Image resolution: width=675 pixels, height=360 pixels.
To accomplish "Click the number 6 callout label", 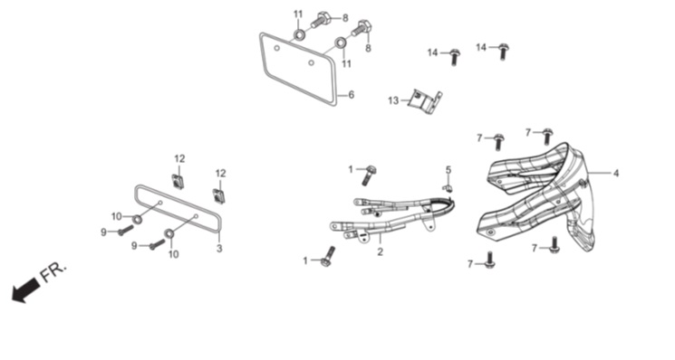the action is tap(352, 95).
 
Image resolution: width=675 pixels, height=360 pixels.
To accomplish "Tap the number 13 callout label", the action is tap(393, 100).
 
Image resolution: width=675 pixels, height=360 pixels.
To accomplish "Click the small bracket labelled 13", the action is tap(425, 102).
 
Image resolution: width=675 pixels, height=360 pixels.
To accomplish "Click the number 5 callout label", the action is tap(448, 170).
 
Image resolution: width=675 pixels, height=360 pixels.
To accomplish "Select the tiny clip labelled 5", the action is tap(448, 188).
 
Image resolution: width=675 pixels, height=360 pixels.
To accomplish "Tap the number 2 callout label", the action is tap(380, 251).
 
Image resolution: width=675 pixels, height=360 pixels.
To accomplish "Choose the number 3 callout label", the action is tap(219, 249).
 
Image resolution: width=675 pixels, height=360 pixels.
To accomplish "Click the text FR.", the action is tap(53, 272).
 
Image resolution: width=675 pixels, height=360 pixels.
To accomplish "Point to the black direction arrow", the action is tap(25, 289).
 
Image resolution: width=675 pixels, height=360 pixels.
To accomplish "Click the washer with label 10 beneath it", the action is tap(169, 233).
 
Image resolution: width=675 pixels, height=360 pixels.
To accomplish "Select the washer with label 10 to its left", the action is tap(137, 219).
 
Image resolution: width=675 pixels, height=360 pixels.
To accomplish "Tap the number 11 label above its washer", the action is tap(298, 14).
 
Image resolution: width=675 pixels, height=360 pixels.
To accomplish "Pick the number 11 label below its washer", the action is tap(346, 64).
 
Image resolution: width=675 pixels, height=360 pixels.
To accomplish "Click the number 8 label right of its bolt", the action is tap(345, 18).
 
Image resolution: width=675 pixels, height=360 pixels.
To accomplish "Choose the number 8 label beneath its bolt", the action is tap(368, 49).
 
